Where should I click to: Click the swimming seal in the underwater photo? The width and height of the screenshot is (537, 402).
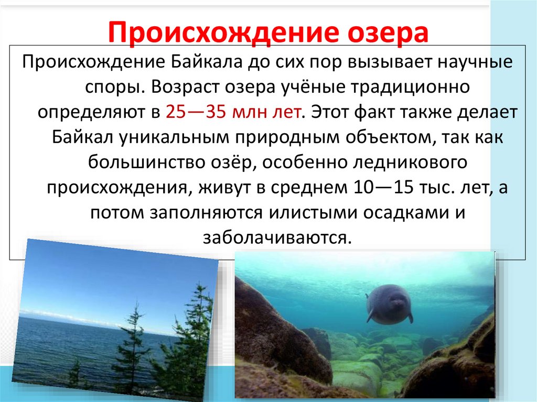pos(389,303)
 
